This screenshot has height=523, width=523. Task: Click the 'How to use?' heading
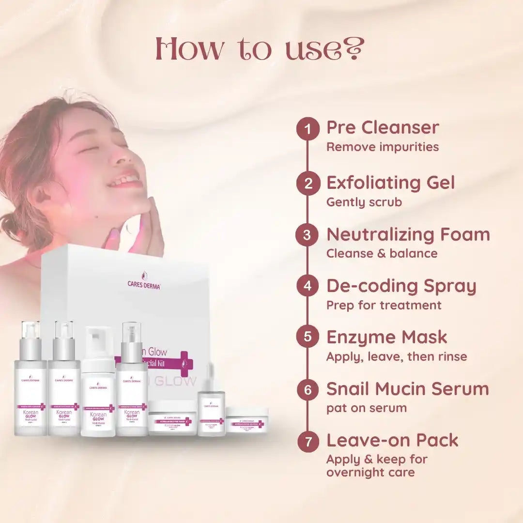tap(260, 50)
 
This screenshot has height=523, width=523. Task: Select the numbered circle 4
tap(308, 287)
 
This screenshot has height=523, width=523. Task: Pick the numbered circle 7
tap(308, 442)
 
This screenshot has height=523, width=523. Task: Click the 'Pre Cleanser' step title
tap(383, 128)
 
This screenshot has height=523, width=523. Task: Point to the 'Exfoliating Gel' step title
tap(391, 183)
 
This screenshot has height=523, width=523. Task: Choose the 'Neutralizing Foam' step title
tap(408, 235)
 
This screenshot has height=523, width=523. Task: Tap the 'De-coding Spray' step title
tap(401, 286)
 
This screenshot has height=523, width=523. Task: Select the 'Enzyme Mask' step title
tap(387, 338)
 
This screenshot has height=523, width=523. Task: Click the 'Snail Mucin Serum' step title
tap(408, 389)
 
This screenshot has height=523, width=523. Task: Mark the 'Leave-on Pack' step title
tap(392, 440)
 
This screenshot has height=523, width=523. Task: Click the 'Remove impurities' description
tap(383, 147)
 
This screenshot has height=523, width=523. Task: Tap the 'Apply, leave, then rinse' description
tap(397, 357)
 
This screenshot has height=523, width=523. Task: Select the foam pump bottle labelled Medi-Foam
tap(98, 383)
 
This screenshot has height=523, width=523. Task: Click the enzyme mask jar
tap(172, 417)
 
